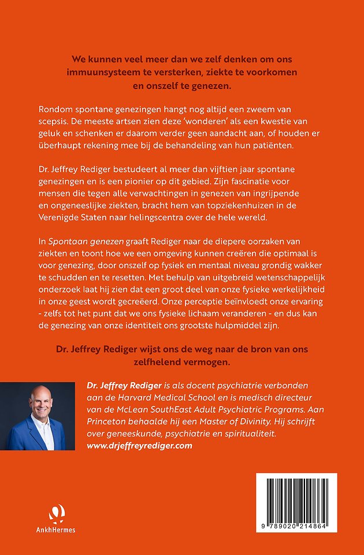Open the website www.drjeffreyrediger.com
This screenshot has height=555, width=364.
click(x=139, y=446)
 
